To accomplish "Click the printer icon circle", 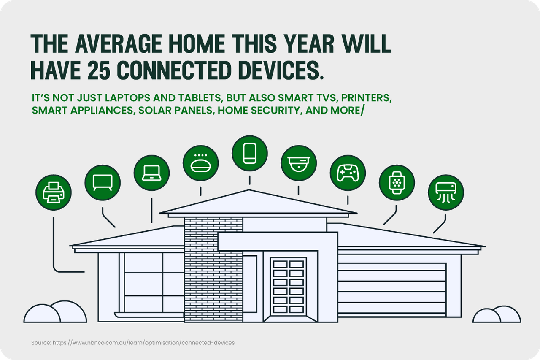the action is click(54, 192).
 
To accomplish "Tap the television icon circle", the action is click(103, 182).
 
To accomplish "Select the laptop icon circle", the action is click(151, 173).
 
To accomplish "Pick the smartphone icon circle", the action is click(250, 153).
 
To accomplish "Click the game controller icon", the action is click(348, 173).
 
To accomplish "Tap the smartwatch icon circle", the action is click(397, 182).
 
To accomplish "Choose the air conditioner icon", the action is click(446, 192).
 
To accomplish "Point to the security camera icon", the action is click(299, 163).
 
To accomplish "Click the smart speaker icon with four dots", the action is click(200, 163).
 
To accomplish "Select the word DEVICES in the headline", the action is click(281, 70).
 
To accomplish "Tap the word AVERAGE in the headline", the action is click(119, 43).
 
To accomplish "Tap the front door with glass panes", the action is click(288, 287).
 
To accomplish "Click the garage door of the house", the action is click(392, 290).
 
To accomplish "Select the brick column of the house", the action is click(213, 270).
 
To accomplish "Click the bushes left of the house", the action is click(55, 311).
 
